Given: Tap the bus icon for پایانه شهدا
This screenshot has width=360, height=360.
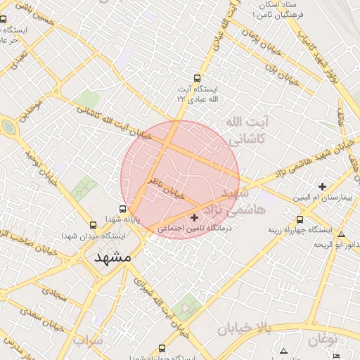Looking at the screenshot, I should (x=123, y=209).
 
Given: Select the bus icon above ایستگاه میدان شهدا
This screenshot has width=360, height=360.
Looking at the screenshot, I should (x=93, y=225).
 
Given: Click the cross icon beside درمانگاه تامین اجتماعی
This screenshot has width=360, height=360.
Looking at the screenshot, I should (x=195, y=218).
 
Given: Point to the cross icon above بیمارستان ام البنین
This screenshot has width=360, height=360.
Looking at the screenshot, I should (x=322, y=186).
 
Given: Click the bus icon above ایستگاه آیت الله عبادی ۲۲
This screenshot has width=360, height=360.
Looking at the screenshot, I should (x=198, y=79).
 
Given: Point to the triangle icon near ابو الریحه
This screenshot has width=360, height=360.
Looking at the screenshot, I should (x=342, y=235).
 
